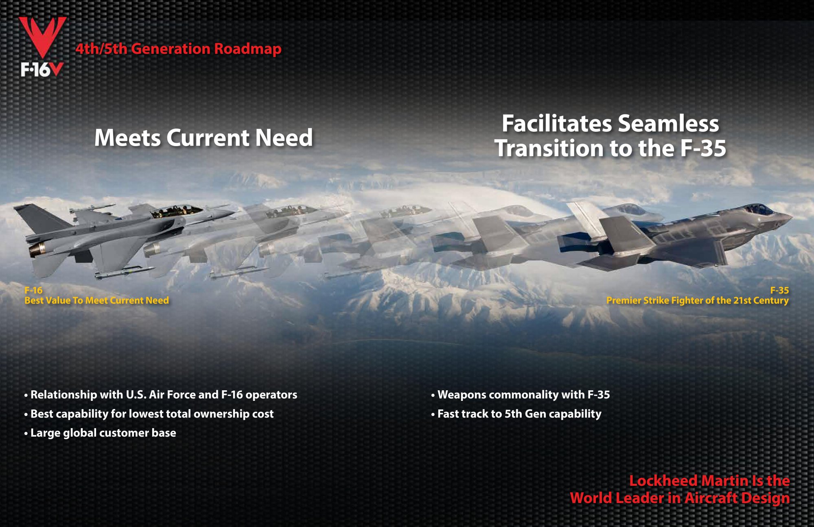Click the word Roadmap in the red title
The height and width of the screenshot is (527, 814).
tap(247, 49)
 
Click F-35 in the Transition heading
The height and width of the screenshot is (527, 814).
tap(703, 148)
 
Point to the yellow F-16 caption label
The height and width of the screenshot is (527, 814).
tap(33, 290)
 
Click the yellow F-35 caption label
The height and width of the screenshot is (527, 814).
tap(779, 290)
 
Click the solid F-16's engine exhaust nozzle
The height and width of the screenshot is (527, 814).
tap(37, 249)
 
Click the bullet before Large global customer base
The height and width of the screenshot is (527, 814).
tap(26, 434)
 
